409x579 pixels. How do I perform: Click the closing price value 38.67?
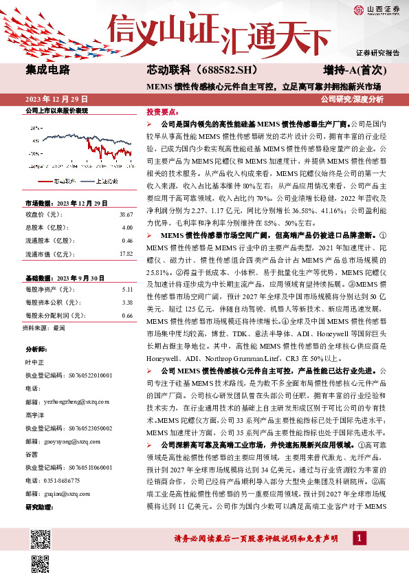click(x=127, y=215)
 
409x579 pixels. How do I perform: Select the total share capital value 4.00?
click(x=127, y=228)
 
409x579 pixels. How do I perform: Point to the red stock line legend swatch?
click(x=44, y=182)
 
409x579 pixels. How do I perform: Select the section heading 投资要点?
click(x=162, y=111)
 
